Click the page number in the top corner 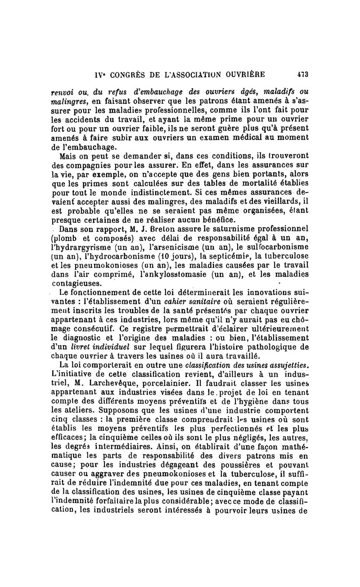(301, 74)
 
